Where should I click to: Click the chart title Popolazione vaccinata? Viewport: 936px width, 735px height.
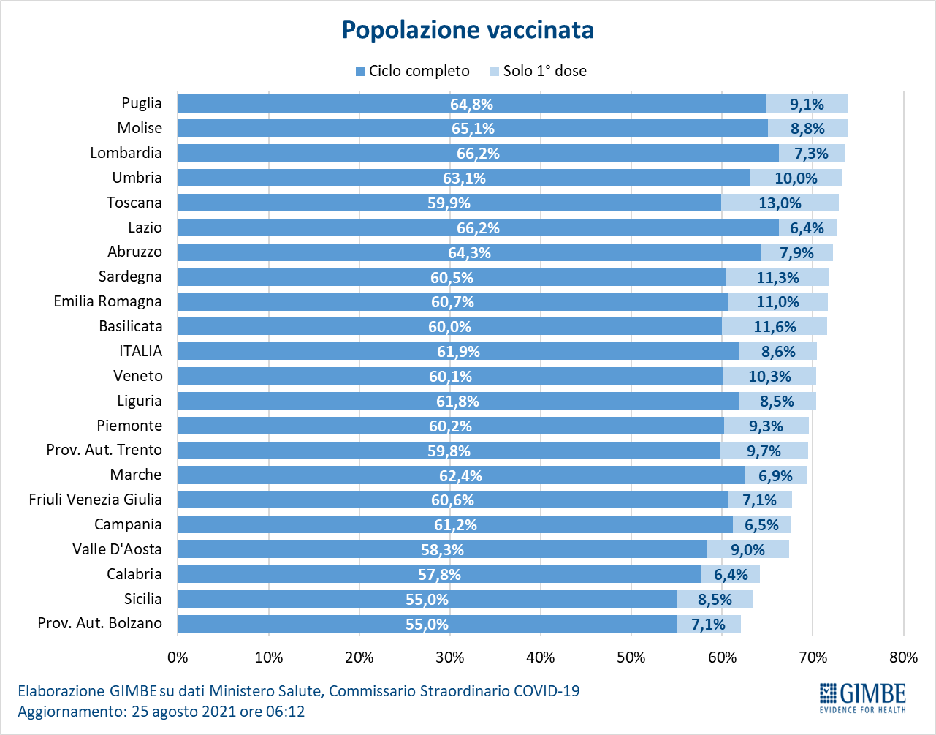[x=468, y=30]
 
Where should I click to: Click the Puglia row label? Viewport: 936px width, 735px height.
[x=142, y=103]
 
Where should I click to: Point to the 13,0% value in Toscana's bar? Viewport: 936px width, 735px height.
[x=780, y=203]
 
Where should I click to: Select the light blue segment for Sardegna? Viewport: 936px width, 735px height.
[x=777, y=277]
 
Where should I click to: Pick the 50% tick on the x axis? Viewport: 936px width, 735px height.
[x=631, y=657]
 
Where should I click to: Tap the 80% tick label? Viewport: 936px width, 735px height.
[x=903, y=657]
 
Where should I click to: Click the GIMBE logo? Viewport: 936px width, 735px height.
[x=862, y=698]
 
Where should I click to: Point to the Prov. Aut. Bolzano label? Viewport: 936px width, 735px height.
[x=100, y=624]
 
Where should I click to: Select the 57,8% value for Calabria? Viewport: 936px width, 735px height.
[x=440, y=575]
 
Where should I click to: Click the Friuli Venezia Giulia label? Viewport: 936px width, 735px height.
[x=96, y=500]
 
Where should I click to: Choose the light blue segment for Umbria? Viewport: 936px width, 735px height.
[x=796, y=178]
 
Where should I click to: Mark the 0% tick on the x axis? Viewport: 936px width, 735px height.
[x=178, y=657]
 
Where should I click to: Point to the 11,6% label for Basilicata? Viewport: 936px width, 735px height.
[x=775, y=327]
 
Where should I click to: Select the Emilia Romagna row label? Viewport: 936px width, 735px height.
[x=108, y=301]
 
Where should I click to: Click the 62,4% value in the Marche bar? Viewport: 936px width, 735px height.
[x=460, y=476]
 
